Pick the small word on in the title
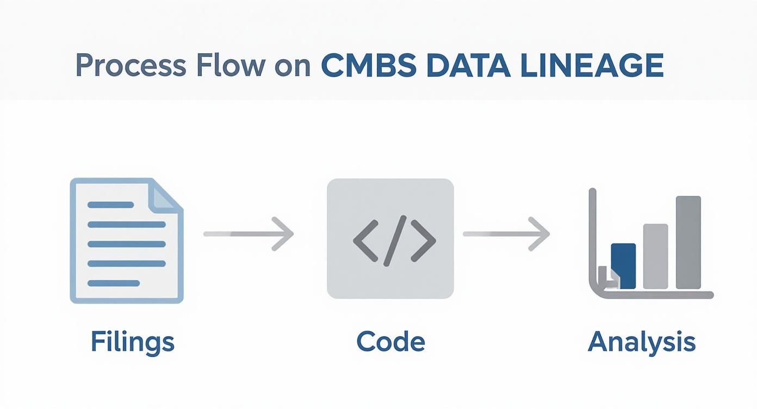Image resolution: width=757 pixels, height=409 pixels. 292,67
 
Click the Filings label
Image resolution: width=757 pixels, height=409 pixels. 132,342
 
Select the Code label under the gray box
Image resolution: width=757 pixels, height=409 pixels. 390,342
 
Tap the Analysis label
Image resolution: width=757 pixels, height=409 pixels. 642,342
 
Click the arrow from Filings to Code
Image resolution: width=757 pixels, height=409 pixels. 249,234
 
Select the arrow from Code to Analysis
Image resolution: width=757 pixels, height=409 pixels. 506,234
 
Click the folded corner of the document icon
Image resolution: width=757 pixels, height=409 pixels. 166,196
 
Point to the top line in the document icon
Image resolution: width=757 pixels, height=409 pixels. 110,205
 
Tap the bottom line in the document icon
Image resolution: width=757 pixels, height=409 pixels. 114,283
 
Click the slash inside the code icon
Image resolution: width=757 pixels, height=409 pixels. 394,240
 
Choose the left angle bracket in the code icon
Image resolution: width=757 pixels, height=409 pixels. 365,240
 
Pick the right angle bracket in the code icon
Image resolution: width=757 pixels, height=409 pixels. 423,240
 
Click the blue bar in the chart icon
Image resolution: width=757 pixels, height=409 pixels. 623,266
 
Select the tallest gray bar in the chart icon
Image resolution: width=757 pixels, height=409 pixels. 688,243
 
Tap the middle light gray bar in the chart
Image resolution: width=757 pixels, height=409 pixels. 655,256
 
